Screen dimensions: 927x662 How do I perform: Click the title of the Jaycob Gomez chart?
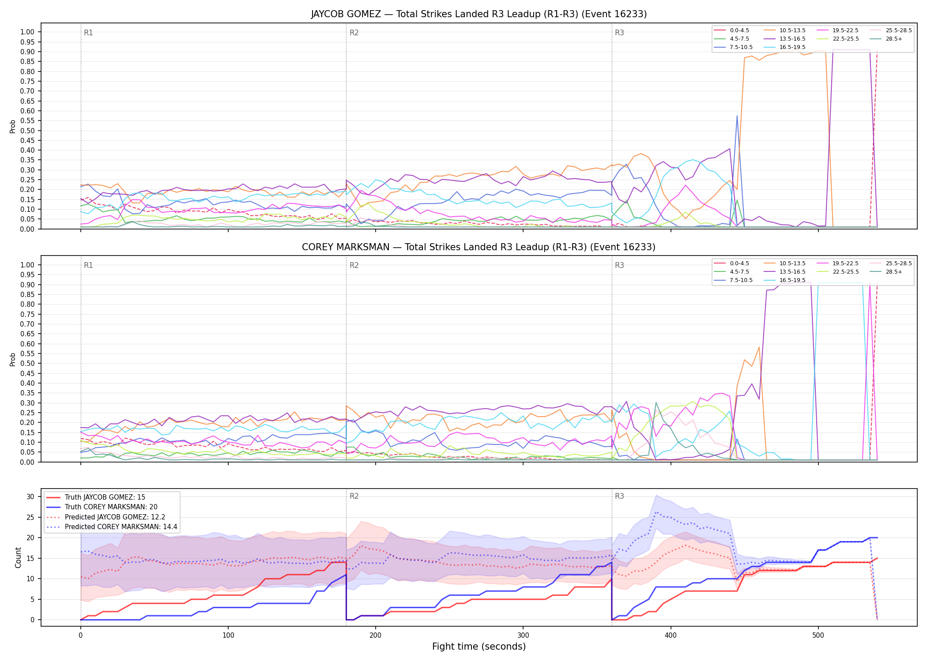(x=479, y=14)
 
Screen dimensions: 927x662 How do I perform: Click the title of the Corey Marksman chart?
(x=479, y=247)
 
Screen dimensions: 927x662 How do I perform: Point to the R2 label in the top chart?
(x=354, y=33)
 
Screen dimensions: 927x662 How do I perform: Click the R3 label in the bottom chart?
(x=619, y=496)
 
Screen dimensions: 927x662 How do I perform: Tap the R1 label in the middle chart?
(x=88, y=265)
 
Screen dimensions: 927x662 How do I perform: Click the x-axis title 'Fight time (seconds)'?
(x=479, y=647)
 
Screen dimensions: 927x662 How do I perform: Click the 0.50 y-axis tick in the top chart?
(x=27, y=131)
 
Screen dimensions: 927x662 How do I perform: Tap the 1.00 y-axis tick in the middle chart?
(x=27, y=265)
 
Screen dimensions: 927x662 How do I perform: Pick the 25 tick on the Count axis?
(x=30, y=517)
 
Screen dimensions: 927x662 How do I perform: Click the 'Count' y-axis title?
(x=18, y=557)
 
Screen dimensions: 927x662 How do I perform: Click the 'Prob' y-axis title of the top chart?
(x=13, y=127)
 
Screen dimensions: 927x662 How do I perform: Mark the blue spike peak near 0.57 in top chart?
(x=737, y=116)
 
